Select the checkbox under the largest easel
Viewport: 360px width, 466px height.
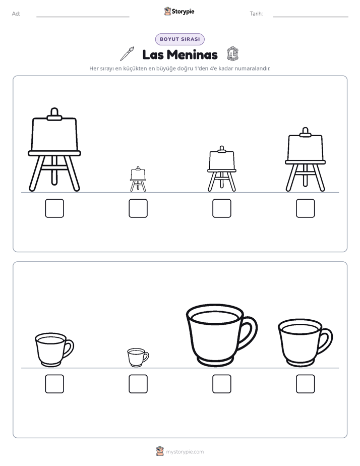click(54, 208)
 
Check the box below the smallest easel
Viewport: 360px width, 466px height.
click(138, 208)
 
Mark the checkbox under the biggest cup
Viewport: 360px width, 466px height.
click(222, 384)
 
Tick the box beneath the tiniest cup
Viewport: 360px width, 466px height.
click(138, 384)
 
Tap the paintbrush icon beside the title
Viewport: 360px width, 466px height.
click(127, 54)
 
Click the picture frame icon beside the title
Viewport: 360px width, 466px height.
click(232, 54)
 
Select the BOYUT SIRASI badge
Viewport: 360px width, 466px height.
click(179, 39)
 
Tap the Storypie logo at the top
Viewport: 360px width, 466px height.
click(179, 11)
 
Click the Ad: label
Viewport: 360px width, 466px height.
click(16, 14)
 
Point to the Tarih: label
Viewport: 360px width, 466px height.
click(256, 14)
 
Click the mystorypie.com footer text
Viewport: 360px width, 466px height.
click(185, 452)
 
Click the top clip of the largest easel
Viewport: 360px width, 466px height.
click(54, 114)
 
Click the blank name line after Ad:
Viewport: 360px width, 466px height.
click(83, 17)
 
